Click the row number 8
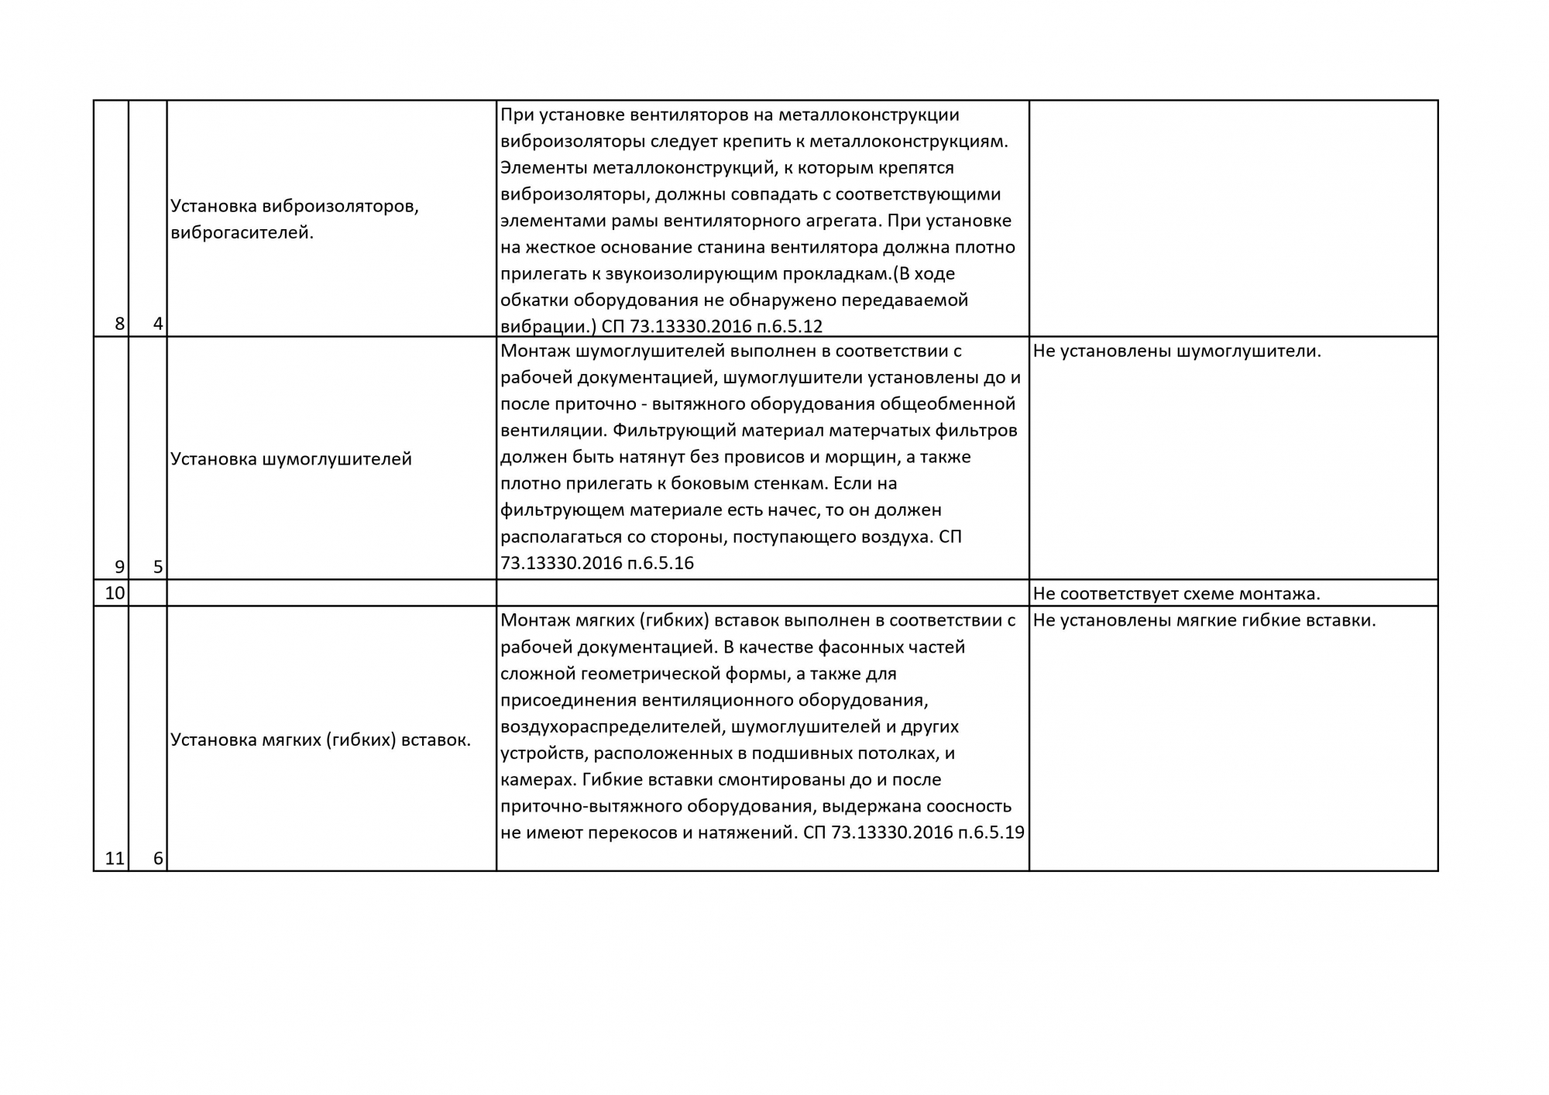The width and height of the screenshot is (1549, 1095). pyautogui.click(x=119, y=324)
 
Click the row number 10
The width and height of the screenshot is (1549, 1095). pyautogui.click(x=115, y=594)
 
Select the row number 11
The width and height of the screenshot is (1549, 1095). pyautogui.click(x=115, y=858)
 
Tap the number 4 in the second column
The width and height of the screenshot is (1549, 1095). pyautogui.click(x=158, y=324)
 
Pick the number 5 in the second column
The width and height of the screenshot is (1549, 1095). pyautogui.click(x=158, y=567)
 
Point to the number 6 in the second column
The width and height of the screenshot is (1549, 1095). pyautogui.click(x=158, y=858)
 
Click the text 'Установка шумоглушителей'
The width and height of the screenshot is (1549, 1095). pyautogui.click(x=290, y=459)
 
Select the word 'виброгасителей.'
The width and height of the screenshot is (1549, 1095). pyautogui.click(x=242, y=232)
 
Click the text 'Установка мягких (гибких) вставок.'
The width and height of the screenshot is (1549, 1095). pyautogui.click(x=320, y=740)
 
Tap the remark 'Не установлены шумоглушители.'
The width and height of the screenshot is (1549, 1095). pyautogui.click(x=1176, y=351)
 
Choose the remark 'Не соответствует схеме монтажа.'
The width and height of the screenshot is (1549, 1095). pyautogui.click(x=1176, y=594)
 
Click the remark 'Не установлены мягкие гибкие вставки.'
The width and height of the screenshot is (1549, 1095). pyautogui.click(x=1204, y=620)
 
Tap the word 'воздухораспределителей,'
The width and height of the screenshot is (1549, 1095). pyautogui.click(x=612, y=727)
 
